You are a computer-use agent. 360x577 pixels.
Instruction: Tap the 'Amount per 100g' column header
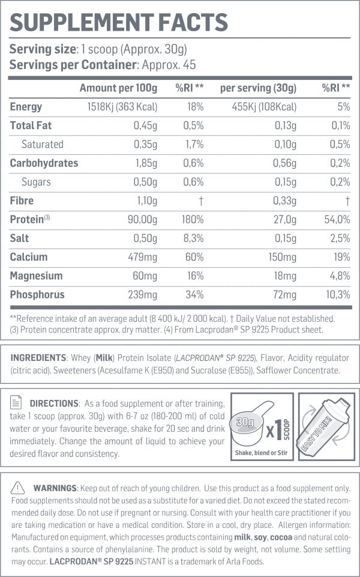(x=118, y=88)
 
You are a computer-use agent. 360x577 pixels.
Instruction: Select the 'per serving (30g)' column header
(x=258, y=88)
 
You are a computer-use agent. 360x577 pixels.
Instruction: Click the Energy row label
(x=26, y=107)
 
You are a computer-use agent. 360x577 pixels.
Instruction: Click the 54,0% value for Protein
(x=337, y=220)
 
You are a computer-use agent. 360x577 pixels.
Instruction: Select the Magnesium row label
(x=36, y=276)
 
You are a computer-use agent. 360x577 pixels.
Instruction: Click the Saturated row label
(x=42, y=144)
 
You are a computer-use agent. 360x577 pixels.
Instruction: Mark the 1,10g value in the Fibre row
(x=145, y=201)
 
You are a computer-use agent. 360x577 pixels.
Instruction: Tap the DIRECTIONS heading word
(x=54, y=403)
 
